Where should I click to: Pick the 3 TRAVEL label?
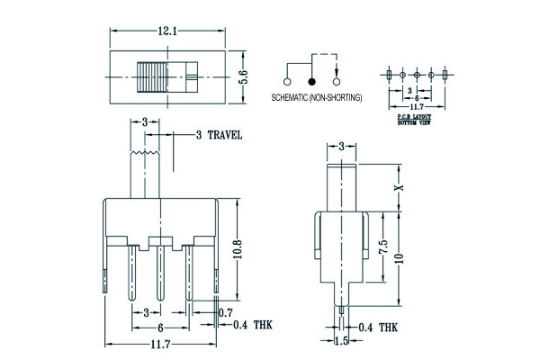tap(219, 135)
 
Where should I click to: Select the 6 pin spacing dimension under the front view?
tap(159, 328)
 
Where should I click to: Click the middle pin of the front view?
tap(159, 274)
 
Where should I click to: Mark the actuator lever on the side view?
tap(343, 188)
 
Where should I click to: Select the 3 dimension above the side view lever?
tap(343, 145)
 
